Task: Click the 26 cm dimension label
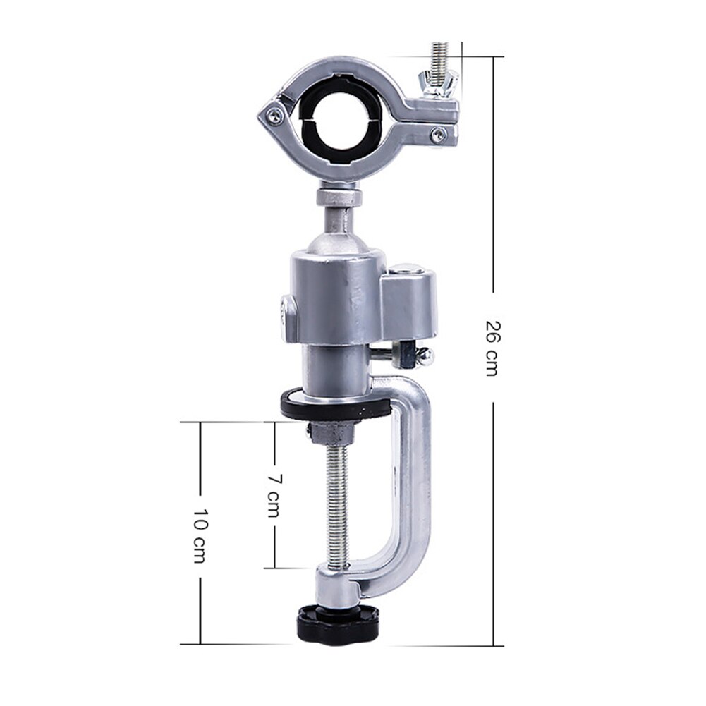coord(492,348)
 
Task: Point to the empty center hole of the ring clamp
coord(343,119)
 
